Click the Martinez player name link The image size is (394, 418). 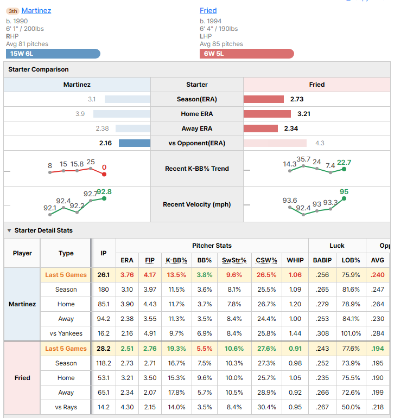point(36,11)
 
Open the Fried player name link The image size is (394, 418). point(208,11)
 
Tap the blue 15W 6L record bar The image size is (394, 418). point(53,54)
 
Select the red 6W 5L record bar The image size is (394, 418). point(247,54)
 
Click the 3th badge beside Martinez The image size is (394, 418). point(12,11)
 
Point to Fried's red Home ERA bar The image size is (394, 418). point(267,114)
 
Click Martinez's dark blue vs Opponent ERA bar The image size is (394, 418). point(135,143)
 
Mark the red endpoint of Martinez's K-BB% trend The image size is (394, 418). point(104,175)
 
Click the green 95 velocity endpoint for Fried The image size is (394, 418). point(344,198)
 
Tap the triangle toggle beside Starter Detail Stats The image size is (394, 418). point(9,230)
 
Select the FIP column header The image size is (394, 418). point(150,260)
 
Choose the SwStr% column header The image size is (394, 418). point(234,260)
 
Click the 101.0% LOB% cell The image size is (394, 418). point(351,333)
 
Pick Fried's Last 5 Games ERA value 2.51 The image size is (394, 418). point(127,349)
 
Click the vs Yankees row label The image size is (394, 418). point(66,333)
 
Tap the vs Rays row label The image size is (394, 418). point(66,407)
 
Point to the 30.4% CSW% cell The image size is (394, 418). point(266,407)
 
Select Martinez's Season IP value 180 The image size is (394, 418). point(103,290)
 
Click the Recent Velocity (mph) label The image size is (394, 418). point(197,204)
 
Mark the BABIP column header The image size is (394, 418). point(322,260)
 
